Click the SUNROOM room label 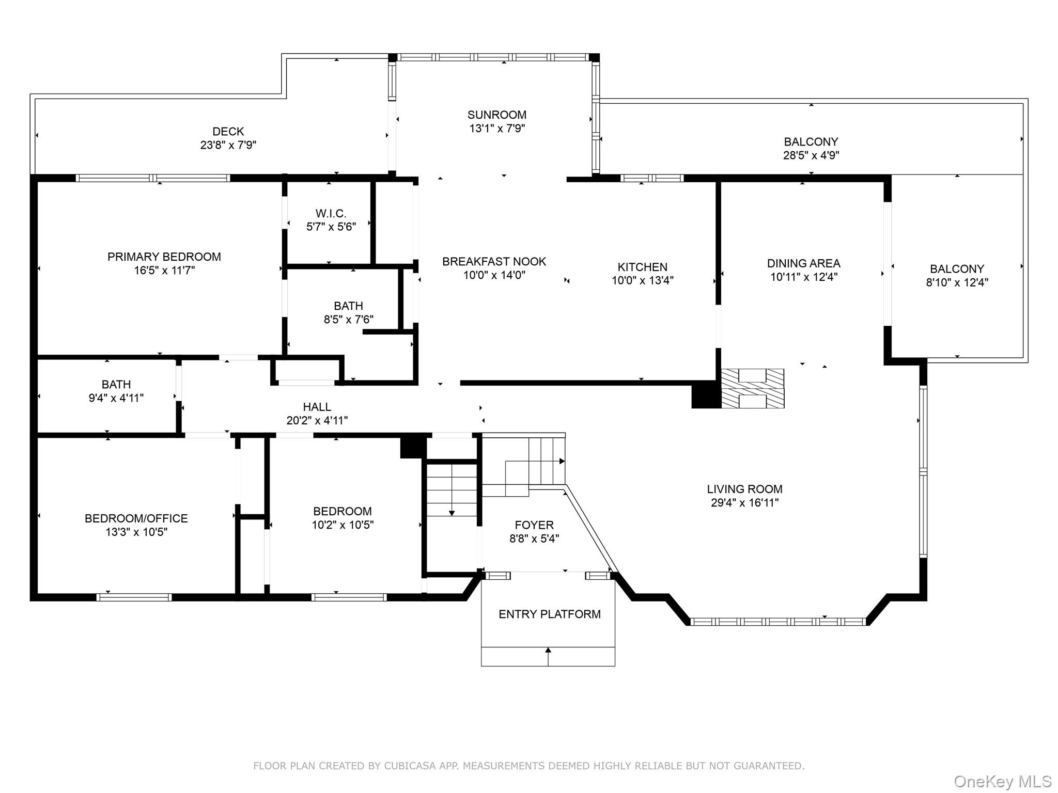(x=496, y=115)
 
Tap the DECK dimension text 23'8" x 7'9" (x=228, y=145)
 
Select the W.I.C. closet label (x=331, y=213)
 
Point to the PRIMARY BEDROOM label (x=164, y=257)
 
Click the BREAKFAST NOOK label (x=494, y=261)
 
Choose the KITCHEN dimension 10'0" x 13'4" (x=643, y=280)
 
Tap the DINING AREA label (x=803, y=263)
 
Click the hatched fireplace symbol (x=753, y=388)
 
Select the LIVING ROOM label (x=744, y=489)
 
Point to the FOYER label (x=534, y=525)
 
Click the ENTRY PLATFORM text (x=549, y=614)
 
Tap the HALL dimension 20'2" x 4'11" (x=317, y=421)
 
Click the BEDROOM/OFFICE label (x=136, y=518)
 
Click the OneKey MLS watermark (x=1003, y=782)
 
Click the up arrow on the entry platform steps (x=548, y=656)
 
